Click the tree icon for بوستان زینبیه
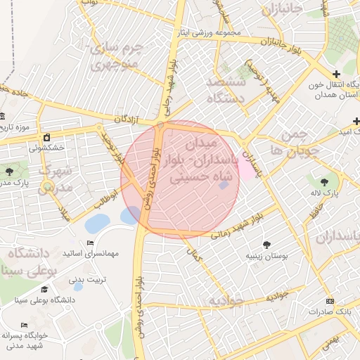266,244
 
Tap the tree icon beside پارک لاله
324,183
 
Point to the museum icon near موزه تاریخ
2,116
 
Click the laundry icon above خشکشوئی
46,136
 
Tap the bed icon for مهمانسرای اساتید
90,243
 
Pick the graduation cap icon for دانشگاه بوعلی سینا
44,289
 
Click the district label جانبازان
281,10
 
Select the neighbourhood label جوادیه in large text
225,301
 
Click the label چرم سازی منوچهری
117,58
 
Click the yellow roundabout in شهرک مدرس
48,187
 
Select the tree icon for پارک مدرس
9,172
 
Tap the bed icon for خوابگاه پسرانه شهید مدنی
25,326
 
